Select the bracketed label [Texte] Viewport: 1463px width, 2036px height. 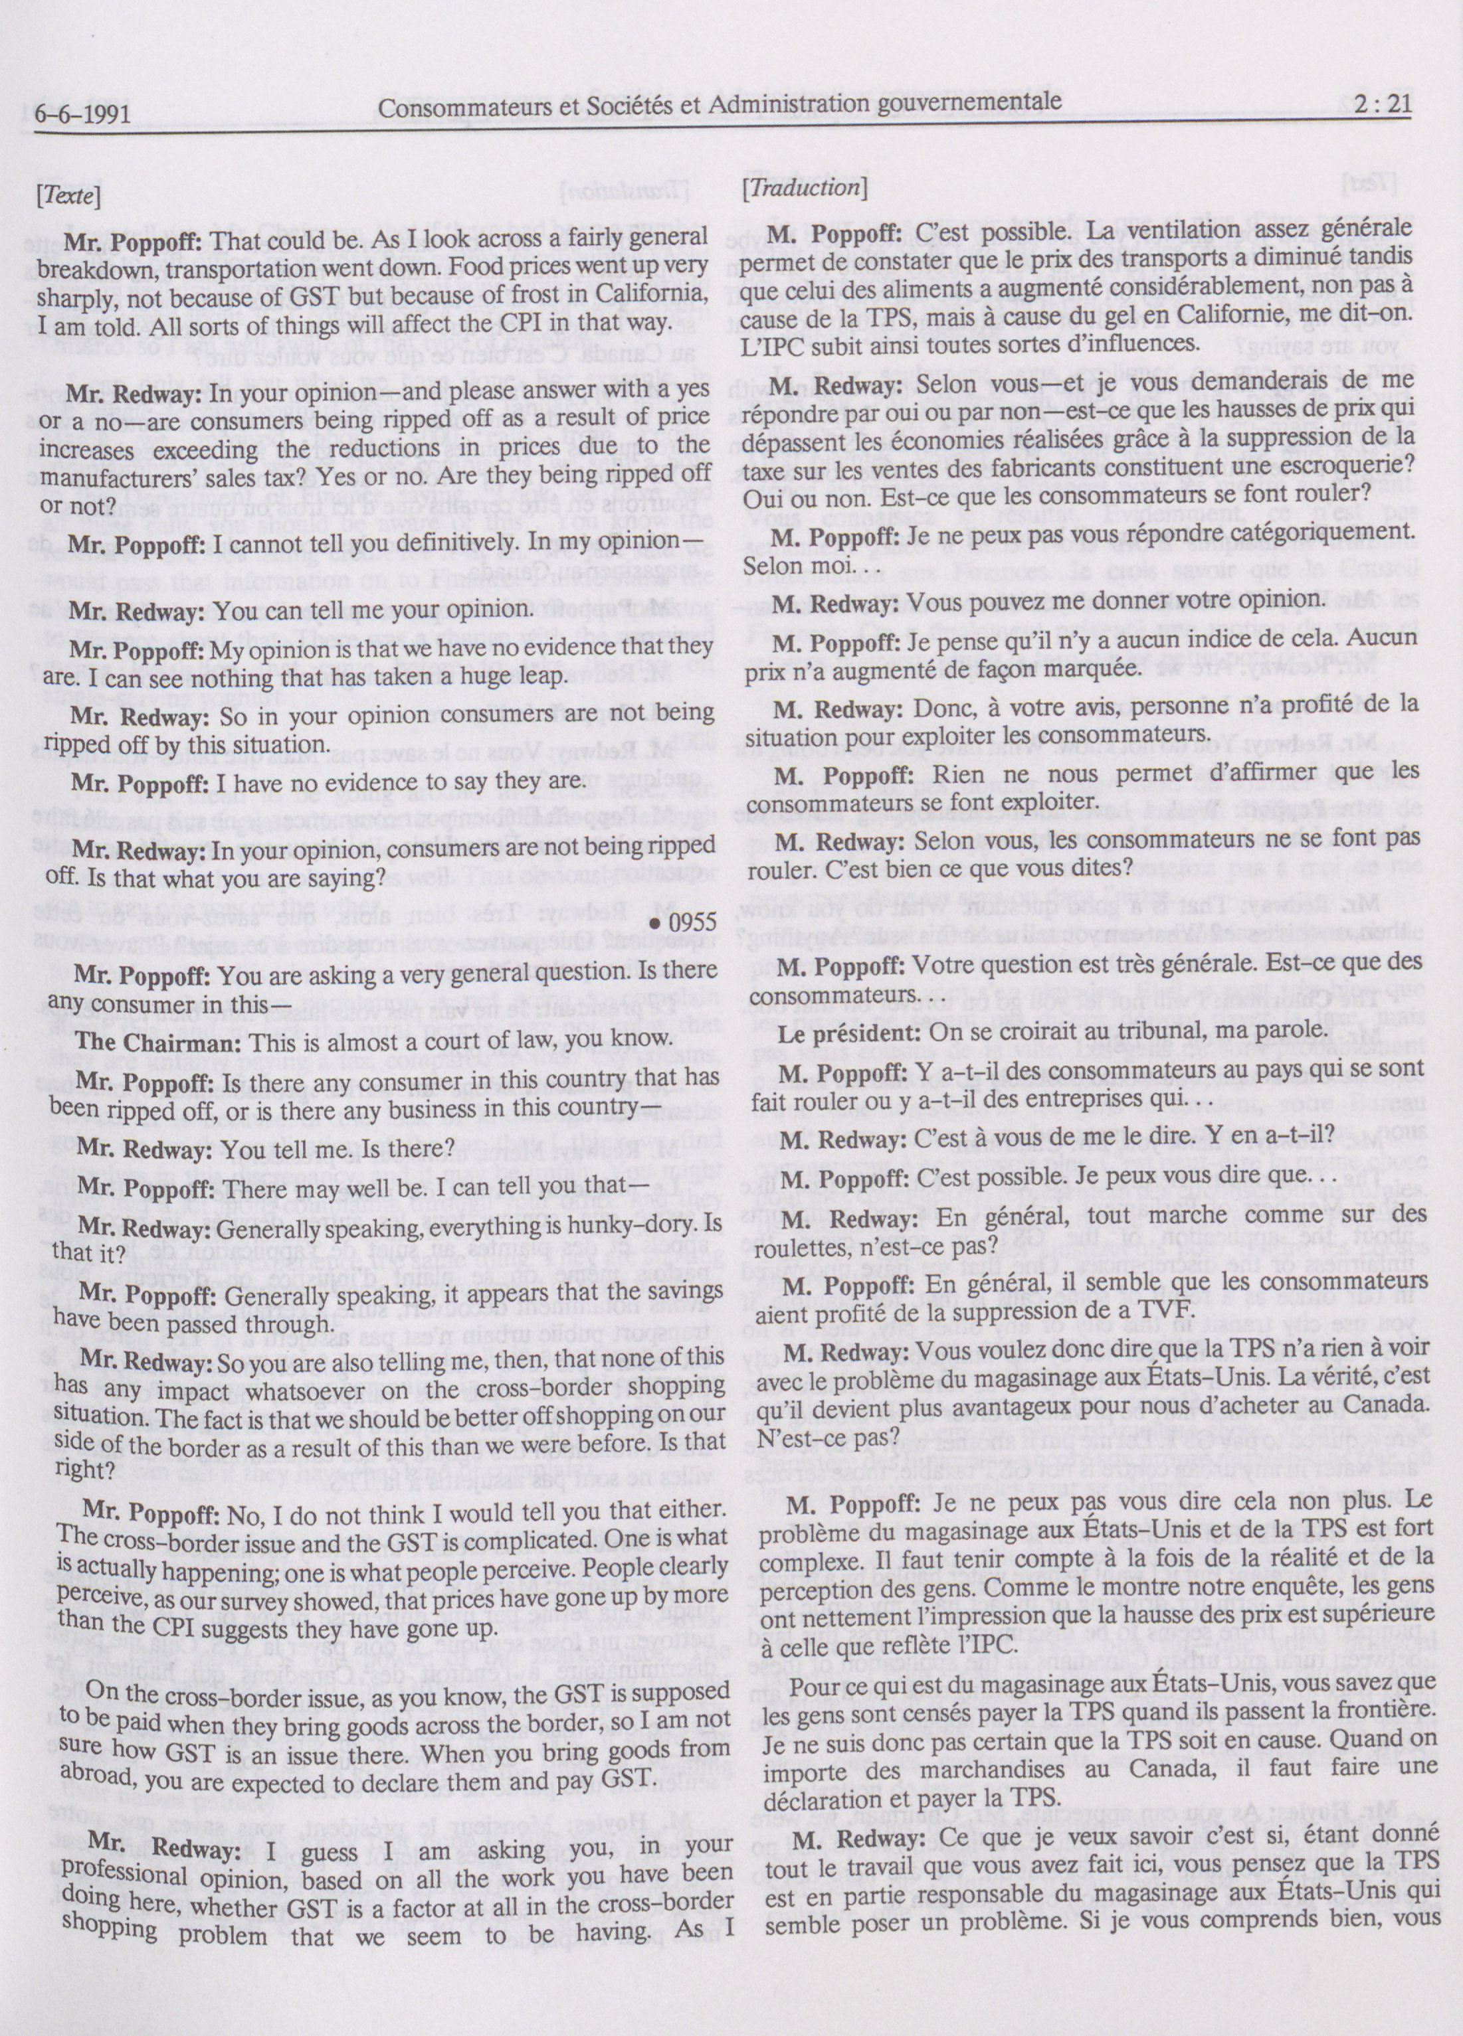click(x=68, y=195)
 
